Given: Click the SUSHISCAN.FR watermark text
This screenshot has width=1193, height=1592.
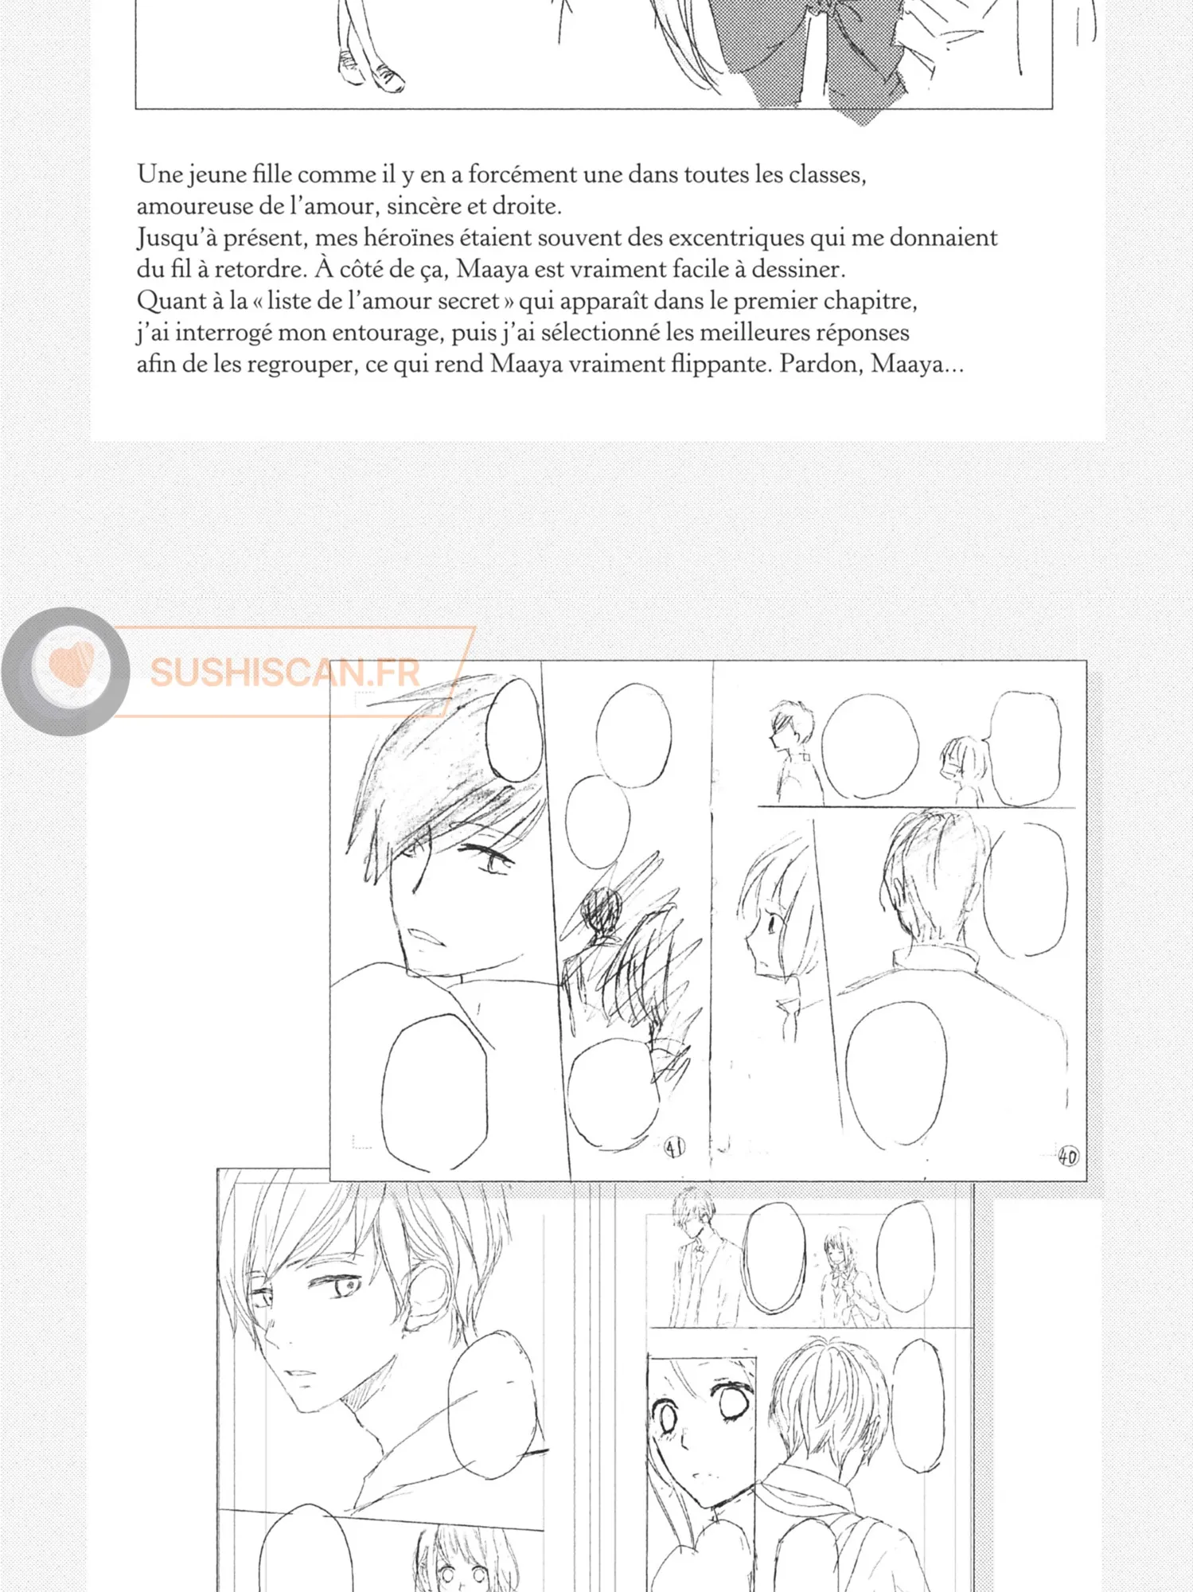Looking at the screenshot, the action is point(285,673).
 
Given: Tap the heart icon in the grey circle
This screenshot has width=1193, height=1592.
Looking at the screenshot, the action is point(72,664).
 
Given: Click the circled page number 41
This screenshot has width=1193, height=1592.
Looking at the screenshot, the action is point(674,1147).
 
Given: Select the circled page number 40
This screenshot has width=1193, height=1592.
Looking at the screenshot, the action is point(1068,1156).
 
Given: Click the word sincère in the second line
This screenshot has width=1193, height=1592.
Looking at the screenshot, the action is point(423,206).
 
